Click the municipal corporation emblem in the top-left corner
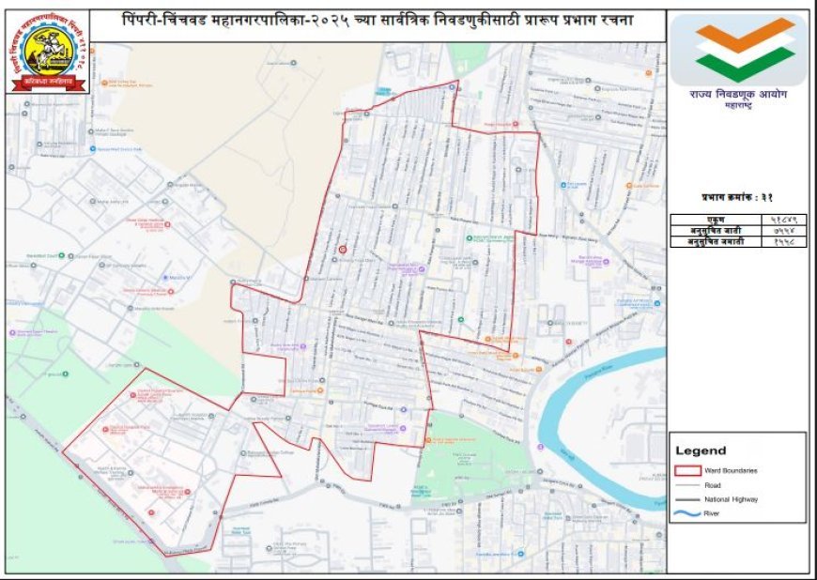coord(50,52)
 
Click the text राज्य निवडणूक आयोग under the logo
coord(738,96)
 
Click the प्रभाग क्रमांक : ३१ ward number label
coord(737,197)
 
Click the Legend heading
coord(701,450)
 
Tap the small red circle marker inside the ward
coord(342,250)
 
